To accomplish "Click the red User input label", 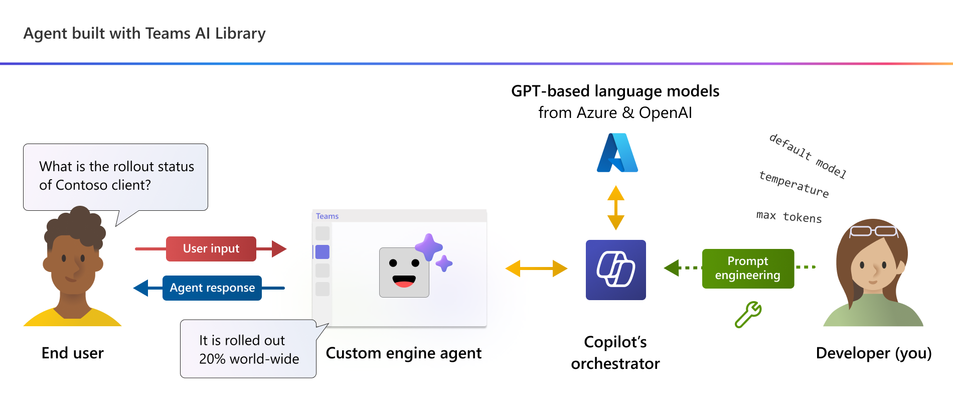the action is pyautogui.click(x=211, y=249).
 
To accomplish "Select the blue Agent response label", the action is pyautogui.click(x=212, y=288).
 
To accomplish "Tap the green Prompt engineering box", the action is pyautogui.click(x=748, y=269).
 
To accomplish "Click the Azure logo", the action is pyautogui.click(x=617, y=153).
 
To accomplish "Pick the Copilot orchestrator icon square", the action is pyautogui.click(x=616, y=270).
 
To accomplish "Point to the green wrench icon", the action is pyautogui.click(x=748, y=315).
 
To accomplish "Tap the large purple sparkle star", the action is pyautogui.click(x=429, y=247).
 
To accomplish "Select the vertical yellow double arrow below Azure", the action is pyautogui.click(x=616, y=208).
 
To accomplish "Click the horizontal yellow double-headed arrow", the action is pyautogui.click(x=536, y=269).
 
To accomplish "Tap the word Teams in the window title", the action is pyautogui.click(x=327, y=216).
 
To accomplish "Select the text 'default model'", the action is pyautogui.click(x=808, y=156).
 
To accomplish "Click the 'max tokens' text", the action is pyautogui.click(x=789, y=216).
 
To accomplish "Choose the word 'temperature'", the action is pyautogui.click(x=794, y=184).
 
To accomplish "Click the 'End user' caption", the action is pyautogui.click(x=73, y=353).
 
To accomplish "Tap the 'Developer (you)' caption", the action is pyautogui.click(x=874, y=353).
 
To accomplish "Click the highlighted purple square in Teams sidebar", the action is pyautogui.click(x=323, y=252).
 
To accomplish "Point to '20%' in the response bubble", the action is pyautogui.click(x=213, y=359).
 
